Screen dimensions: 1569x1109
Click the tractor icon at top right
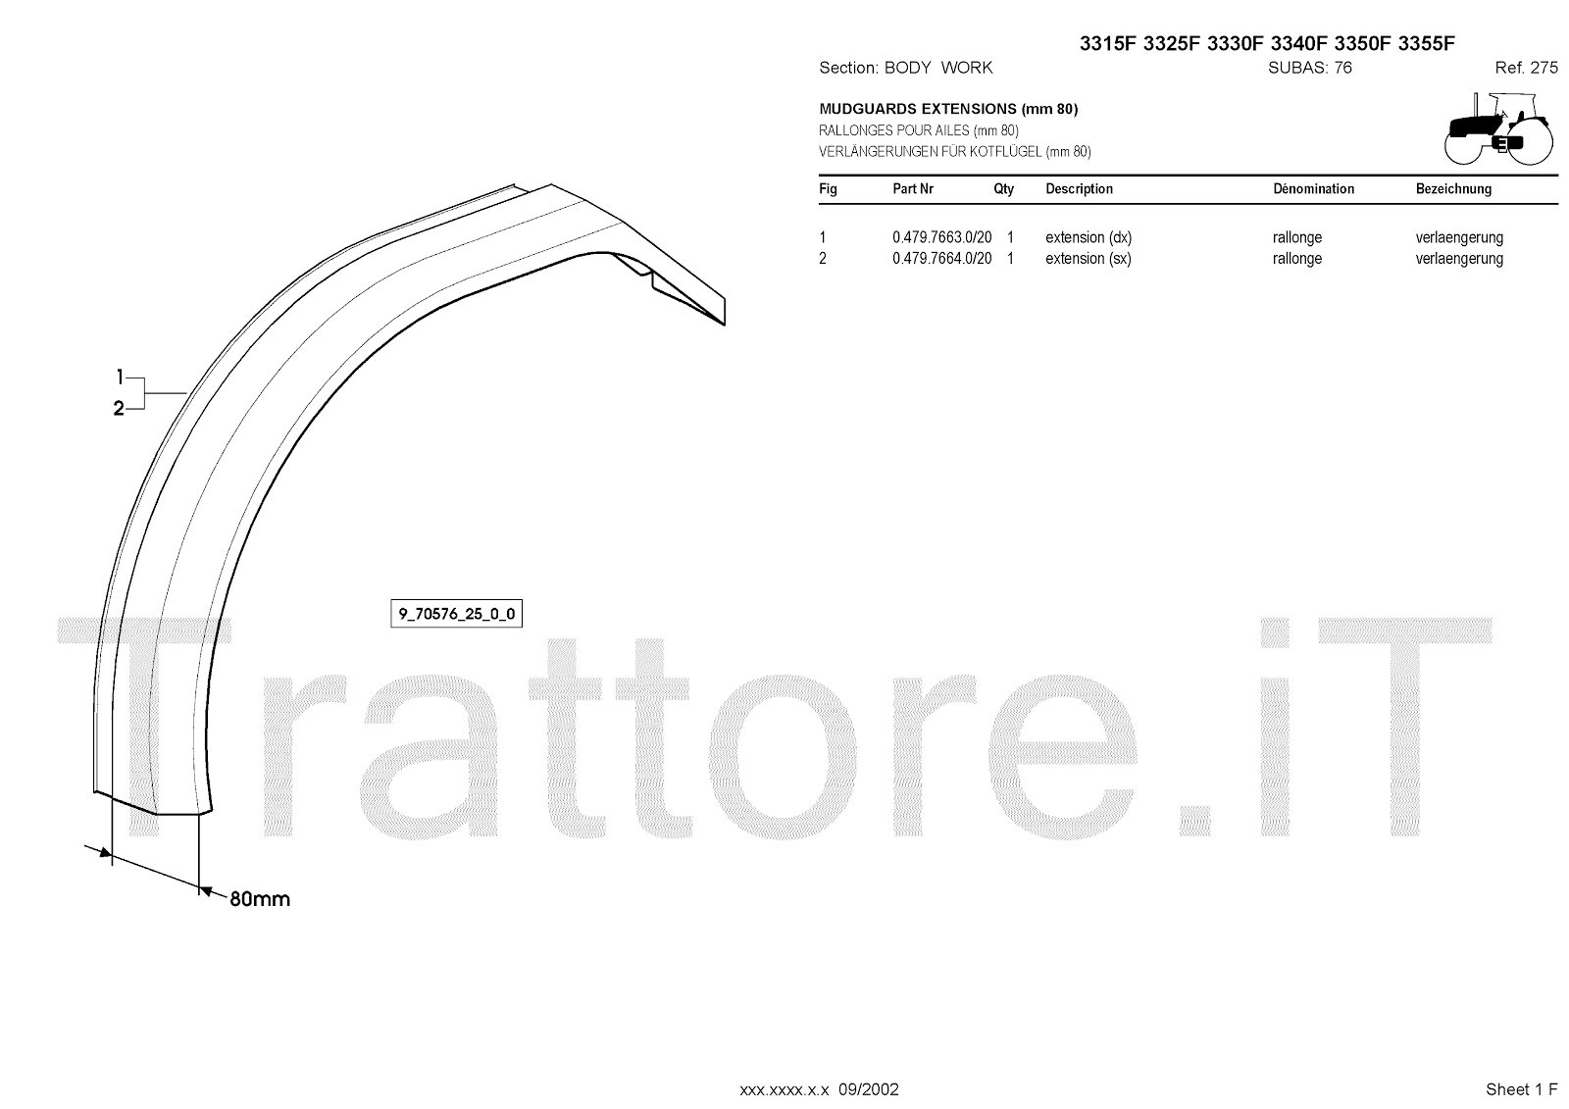point(1498,128)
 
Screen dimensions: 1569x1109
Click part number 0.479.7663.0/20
point(941,237)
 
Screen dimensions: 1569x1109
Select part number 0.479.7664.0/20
point(941,259)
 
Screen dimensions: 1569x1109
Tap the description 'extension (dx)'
point(1088,237)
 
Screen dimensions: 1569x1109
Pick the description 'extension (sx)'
point(1088,259)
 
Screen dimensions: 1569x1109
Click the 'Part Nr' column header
point(913,189)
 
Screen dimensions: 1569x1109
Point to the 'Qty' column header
point(1003,189)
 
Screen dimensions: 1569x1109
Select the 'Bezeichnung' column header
point(1453,189)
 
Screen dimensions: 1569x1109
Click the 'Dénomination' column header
point(1313,189)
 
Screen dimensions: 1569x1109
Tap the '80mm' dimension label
point(260,899)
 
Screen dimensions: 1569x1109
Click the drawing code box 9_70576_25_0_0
point(456,615)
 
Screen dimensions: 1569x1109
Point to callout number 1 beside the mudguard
point(120,377)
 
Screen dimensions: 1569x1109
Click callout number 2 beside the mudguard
point(119,409)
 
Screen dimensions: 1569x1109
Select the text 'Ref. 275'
point(1526,68)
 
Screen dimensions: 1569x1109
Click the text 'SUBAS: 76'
point(1309,68)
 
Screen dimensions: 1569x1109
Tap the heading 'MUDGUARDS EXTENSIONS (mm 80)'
point(947,109)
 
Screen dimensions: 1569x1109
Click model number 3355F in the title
point(1427,43)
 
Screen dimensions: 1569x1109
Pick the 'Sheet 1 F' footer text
point(1521,1089)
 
